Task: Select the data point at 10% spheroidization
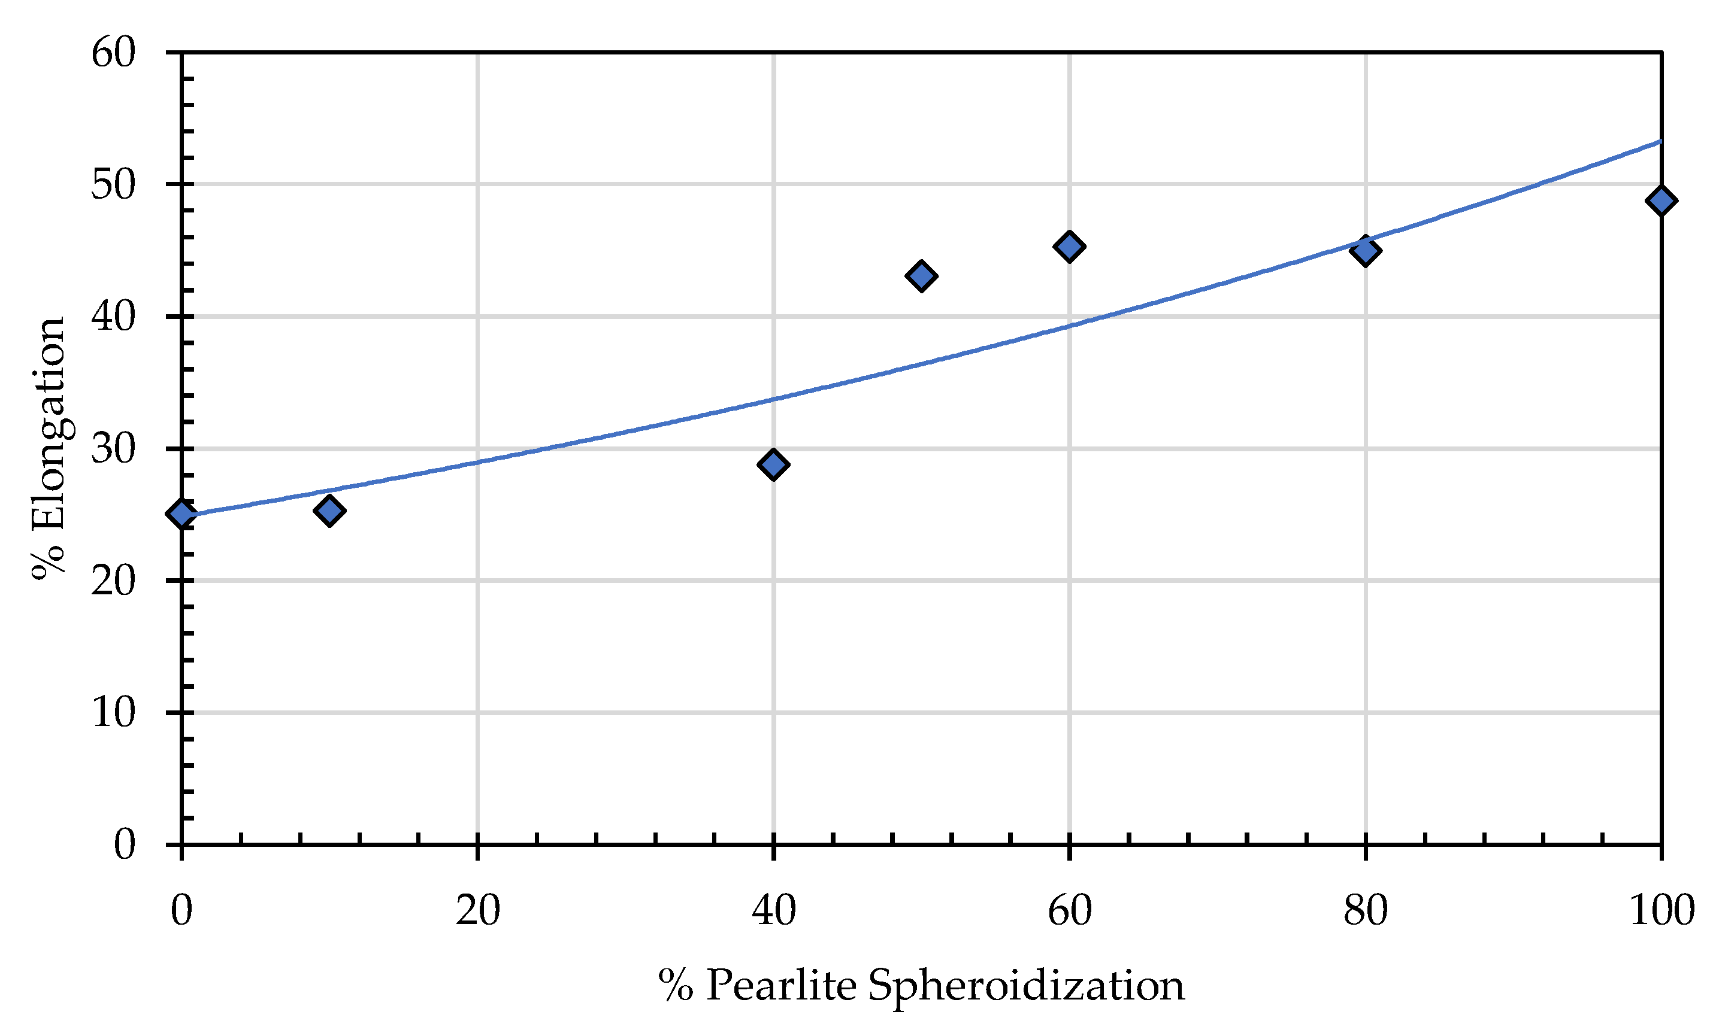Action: (x=329, y=511)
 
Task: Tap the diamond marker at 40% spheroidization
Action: (x=773, y=464)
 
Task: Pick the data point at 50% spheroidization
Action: (x=921, y=277)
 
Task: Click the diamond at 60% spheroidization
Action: (x=1069, y=247)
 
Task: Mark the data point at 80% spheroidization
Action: (x=1365, y=251)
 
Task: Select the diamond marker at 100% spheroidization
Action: (x=1661, y=201)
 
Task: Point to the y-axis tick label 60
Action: (x=114, y=53)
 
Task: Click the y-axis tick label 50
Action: (x=114, y=185)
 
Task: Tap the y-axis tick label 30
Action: (x=114, y=449)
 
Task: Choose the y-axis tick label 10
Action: (x=114, y=713)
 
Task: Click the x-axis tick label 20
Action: (x=478, y=910)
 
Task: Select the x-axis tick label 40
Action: (x=774, y=910)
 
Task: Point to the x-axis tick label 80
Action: (x=1365, y=910)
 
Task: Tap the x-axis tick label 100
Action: (x=1661, y=910)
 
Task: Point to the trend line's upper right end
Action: (x=1660, y=141)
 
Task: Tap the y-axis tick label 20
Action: (x=114, y=581)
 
